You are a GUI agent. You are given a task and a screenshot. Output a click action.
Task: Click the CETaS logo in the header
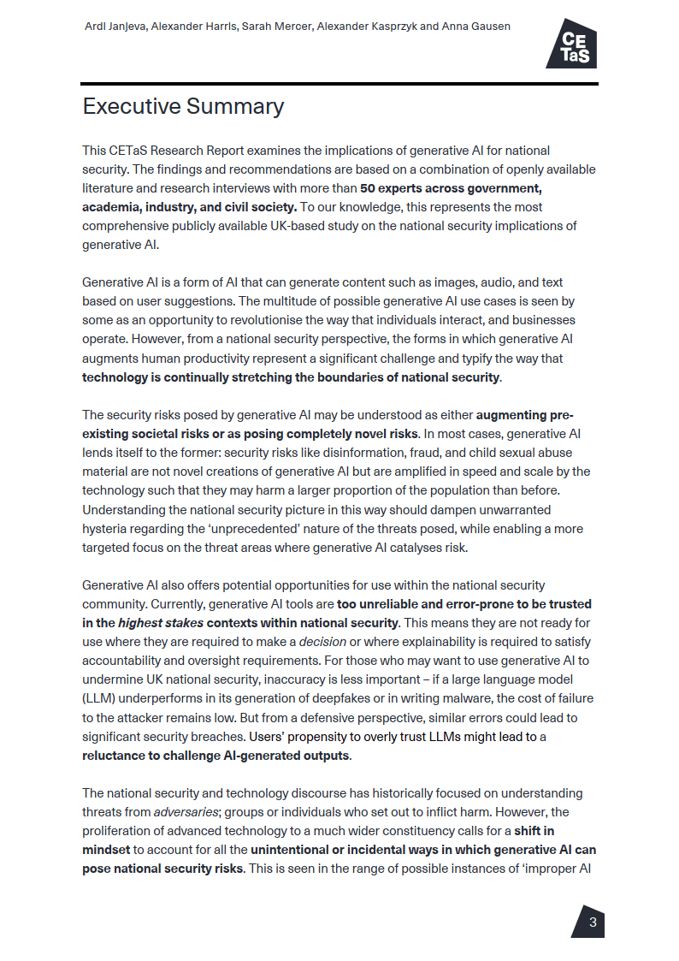tap(571, 44)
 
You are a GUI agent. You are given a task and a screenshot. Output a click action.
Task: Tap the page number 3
tap(593, 922)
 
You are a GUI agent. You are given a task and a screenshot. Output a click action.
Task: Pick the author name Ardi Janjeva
tap(115, 27)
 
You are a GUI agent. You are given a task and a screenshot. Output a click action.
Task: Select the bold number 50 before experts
tap(368, 188)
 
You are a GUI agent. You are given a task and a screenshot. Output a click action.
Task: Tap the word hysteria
tap(105, 529)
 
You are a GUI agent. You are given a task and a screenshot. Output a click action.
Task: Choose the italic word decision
tap(322, 642)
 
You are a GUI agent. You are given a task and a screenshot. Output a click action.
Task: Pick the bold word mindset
tap(106, 850)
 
